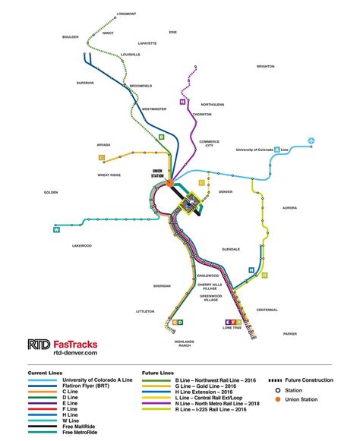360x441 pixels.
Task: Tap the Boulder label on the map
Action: [x=71, y=36]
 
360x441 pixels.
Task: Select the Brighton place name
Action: [x=265, y=66]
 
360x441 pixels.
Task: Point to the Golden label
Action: [x=51, y=192]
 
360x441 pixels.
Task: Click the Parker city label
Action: [x=290, y=333]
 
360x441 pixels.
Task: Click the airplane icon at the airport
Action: [x=312, y=140]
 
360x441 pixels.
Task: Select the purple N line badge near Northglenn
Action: [x=182, y=101]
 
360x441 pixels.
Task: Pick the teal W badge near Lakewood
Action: [x=56, y=230]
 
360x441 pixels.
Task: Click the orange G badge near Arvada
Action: [x=101, y=158]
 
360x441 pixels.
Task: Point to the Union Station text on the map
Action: [x=158, y=173]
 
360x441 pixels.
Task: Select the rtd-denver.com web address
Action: [x=76, y=353]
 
